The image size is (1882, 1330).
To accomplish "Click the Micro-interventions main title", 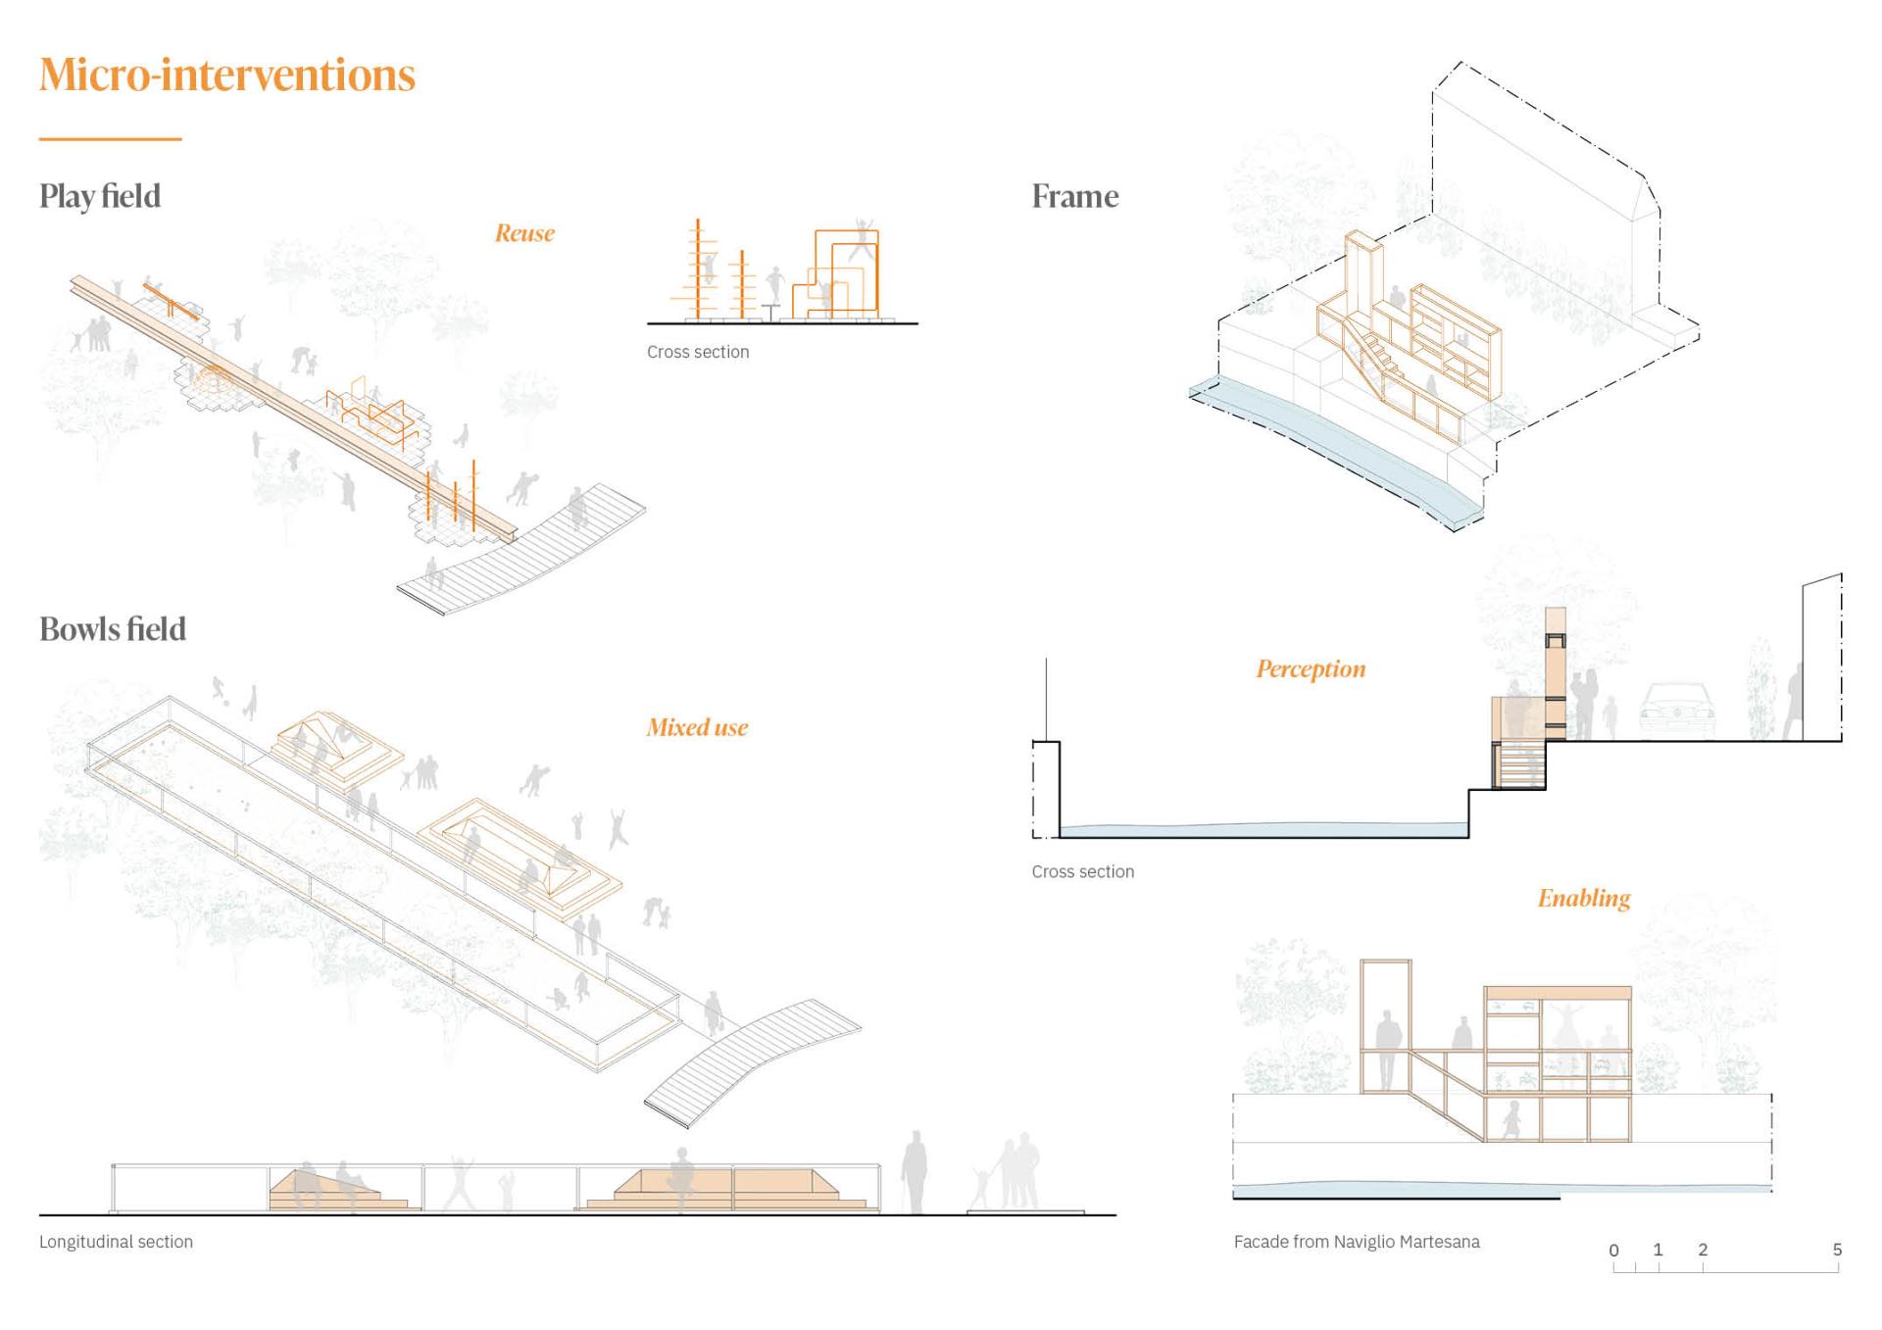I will click(x=227, y=75).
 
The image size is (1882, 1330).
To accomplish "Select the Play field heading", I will click(x=100, y=196).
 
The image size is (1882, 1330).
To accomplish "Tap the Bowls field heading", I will click(x=113, y=629).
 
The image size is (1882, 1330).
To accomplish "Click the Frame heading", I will click(x=1074, y=196).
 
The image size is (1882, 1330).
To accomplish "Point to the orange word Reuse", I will click(x=524, y=233).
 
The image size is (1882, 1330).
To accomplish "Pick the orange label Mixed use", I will click(x=697, y=727).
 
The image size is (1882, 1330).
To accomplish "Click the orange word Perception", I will click(x=1311, y=669).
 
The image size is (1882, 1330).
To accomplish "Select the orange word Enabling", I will click(x=1583, y=899).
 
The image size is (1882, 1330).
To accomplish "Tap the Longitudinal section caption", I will click(x=116, y=1242).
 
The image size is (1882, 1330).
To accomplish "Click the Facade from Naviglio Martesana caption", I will click(x=1357, y=1242).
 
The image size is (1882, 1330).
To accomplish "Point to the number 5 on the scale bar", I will click(x=1837, y=1250).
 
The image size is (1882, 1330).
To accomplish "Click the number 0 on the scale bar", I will click(x=1614, y=1250).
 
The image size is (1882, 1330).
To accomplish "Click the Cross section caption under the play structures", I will click(x=698, y=352).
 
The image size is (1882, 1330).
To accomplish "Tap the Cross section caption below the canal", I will click(x=1082, y=871).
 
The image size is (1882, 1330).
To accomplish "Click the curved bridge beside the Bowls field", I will click(x=752, y=1062).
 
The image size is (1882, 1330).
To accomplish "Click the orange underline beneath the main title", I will click(x=110, y=139).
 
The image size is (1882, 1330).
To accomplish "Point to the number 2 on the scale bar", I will click(x=1703, y=1250).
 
